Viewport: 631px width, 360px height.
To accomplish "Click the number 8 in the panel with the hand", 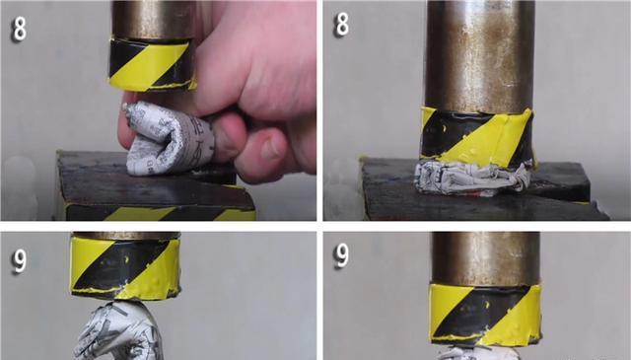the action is click(x=20, y=29).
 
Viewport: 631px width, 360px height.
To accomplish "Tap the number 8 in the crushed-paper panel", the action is click(x=342, y=24).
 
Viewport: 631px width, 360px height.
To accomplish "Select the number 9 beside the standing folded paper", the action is click(x=19, y=260).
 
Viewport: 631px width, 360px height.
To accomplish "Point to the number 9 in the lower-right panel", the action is click(x=341, y=255).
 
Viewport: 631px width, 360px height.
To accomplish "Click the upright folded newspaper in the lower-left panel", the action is click(x=119, y=331).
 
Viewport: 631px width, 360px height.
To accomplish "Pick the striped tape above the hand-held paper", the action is click(x=152, y=64).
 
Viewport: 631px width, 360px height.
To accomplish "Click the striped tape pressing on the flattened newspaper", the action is click(x=477, y=137).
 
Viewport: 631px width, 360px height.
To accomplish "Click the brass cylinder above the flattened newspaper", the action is click(x=479, y=56).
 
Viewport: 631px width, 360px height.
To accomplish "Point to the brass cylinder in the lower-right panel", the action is click(x=486, y=258).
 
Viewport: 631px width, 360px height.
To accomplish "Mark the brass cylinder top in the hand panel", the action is click(x=154, y=20).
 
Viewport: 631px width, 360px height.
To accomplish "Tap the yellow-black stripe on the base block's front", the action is click(x=161, y=213).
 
